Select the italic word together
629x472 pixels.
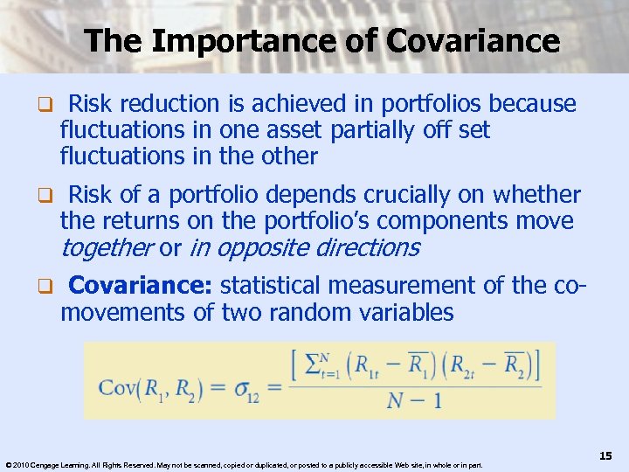pos(106,248)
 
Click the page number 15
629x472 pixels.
pos(605,455)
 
